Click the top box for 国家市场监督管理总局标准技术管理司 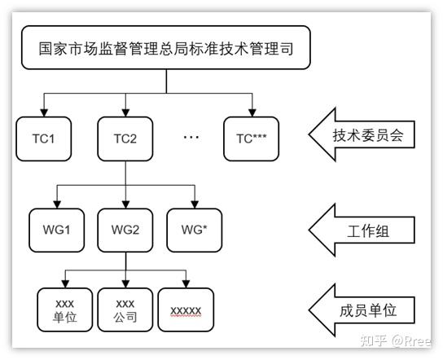166,47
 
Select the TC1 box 43,138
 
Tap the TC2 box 125,138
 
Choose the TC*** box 251,138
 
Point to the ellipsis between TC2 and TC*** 191,138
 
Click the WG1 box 56,230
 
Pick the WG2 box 125,230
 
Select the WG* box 195,230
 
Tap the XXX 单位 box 64,310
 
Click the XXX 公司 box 125,310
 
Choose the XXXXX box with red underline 186,310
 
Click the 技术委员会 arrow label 362,134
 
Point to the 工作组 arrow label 362,230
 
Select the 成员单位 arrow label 362,310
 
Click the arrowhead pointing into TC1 44,112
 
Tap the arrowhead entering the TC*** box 252,112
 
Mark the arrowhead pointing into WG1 57,204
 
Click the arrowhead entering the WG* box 195,204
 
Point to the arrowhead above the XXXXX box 186,284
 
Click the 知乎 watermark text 374,340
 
